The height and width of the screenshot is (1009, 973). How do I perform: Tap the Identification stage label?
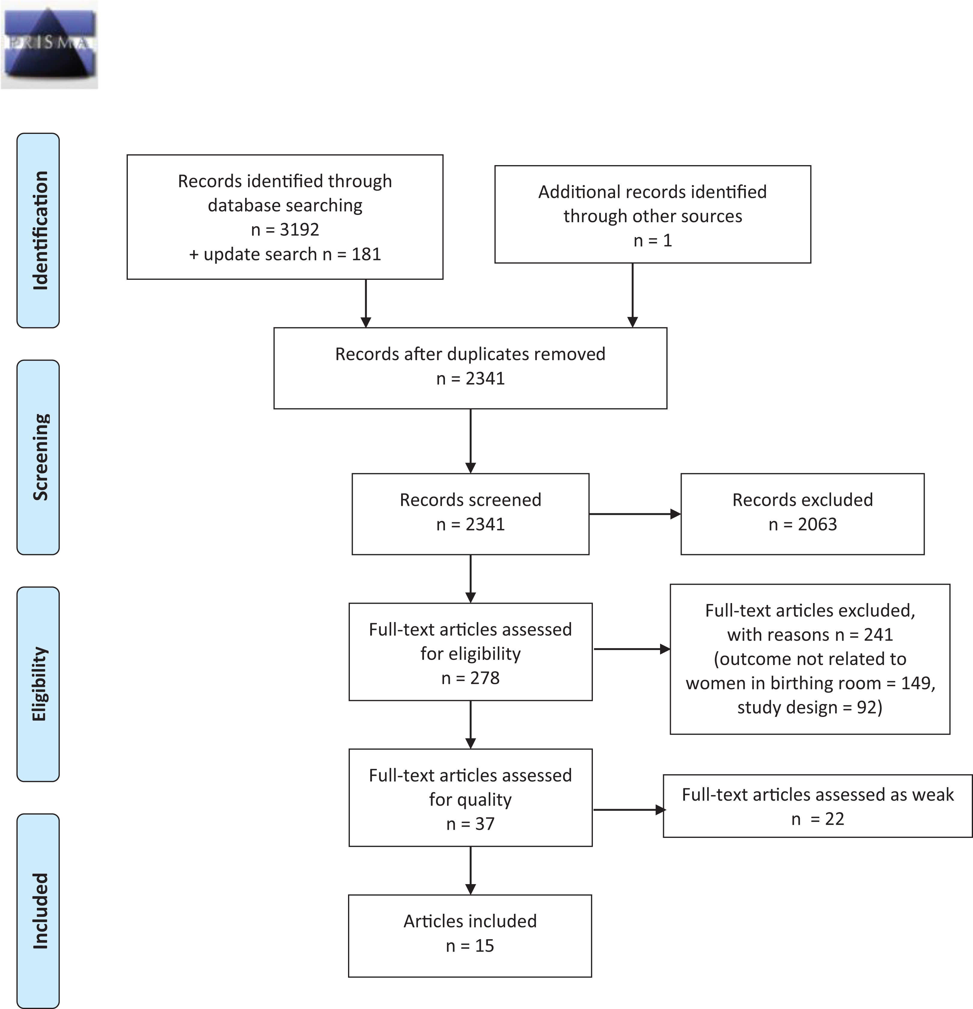point(39,231)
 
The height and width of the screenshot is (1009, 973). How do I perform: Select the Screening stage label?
point(39,457)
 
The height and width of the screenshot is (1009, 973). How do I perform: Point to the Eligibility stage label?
point(39,684)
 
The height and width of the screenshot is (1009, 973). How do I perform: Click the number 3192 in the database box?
point(299,230)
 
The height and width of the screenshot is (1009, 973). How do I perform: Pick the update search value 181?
point(366,254)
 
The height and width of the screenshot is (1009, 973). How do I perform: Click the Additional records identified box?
point(653,214)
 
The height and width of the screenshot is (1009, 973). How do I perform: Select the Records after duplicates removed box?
point(470,368)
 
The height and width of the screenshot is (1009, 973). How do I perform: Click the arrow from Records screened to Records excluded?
point(635,514)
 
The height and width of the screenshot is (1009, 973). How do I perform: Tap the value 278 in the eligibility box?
point(485,678)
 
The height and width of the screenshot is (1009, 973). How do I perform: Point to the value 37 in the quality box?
point(485,824)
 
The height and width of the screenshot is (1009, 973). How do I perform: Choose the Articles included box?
point(470,936)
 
